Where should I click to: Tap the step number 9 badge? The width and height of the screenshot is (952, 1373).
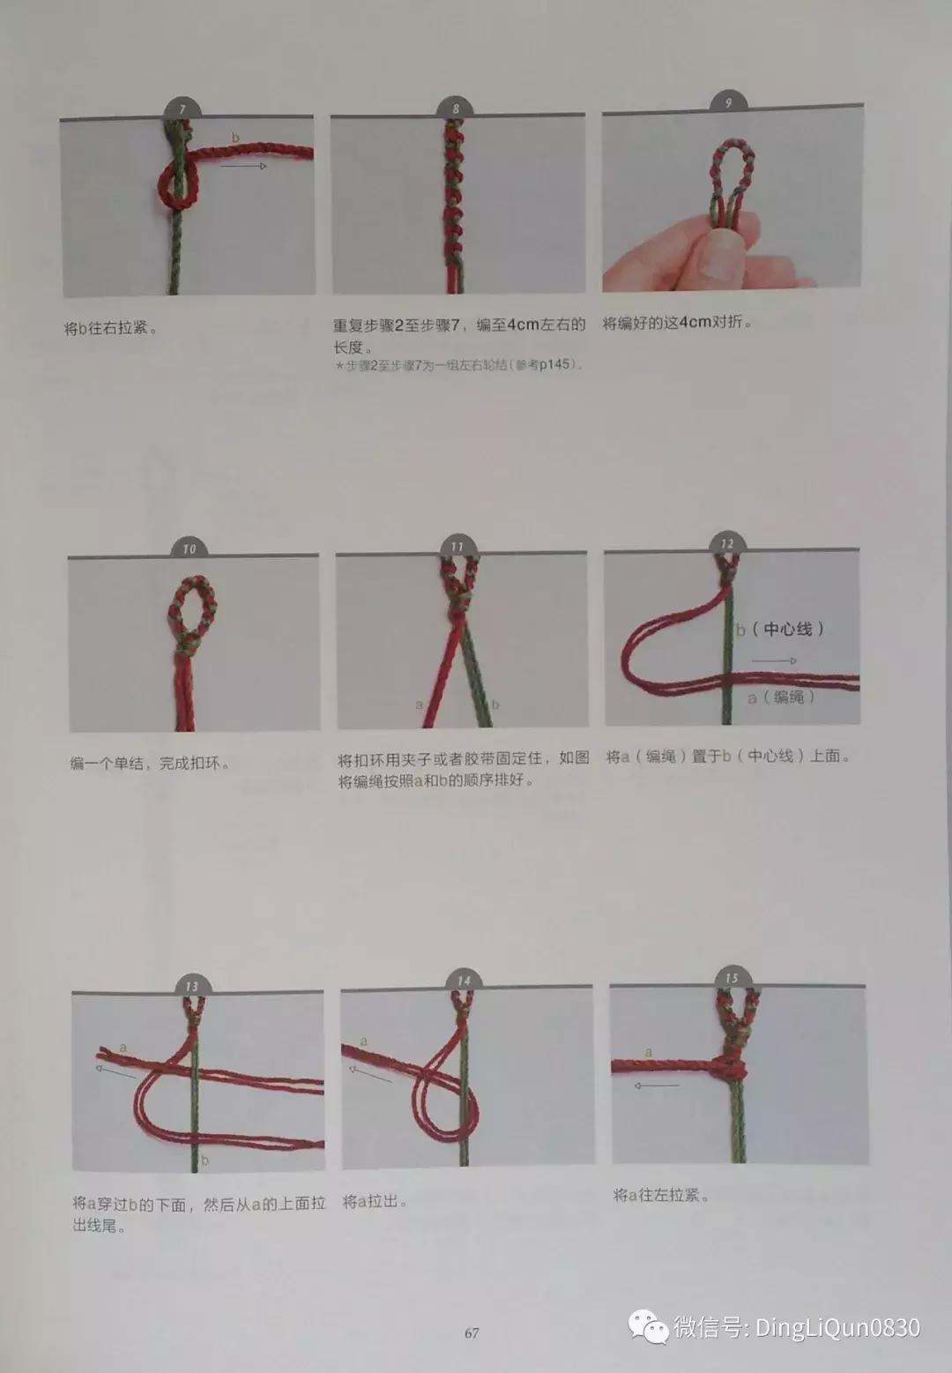tap(728, 103)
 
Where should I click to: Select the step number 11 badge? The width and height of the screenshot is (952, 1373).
tap(457, 547)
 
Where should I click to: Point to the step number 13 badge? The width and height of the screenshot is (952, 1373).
tap(192, 985)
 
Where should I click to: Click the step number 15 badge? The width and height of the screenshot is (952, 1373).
tap(732, 977)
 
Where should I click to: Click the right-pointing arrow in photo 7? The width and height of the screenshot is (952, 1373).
tap(243, 166)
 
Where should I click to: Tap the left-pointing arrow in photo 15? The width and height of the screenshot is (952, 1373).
tap(657, 1086)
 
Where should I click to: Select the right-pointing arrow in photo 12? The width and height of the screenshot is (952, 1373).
tap(774, 660)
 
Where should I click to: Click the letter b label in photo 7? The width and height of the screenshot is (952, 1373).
tap(235, 138)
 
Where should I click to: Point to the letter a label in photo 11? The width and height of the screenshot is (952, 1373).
tap(419, 704)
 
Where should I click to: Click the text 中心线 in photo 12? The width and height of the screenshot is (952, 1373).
tap(788, 629)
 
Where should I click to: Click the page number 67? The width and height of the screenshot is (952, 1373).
tap(472, 1332)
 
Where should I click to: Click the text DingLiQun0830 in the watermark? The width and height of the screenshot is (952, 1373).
tap(837, 1327)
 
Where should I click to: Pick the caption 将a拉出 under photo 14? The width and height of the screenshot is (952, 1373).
tap(375, 1201)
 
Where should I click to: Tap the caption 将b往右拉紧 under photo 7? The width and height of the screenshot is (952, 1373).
tap(111, 328)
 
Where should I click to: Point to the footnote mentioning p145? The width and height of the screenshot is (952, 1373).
tap(458, 365)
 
